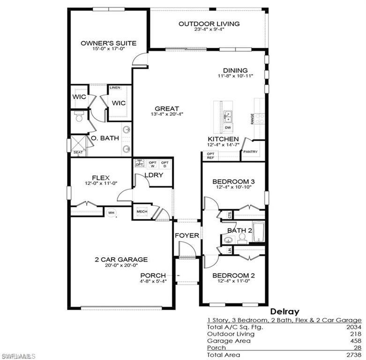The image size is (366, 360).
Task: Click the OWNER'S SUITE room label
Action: pyautogui.click(x=108, y=43)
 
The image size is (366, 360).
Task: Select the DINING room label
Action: pyautogui.click(x=235, y=71)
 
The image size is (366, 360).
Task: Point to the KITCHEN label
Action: pyautogui.click(x=224, y=139)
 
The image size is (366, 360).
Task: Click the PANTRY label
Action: pyautogui.click(x=251, y=151)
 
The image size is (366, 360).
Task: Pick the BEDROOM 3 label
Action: pyautogui.click(x=233, y=181)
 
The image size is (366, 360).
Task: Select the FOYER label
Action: pyautogui.click(x=187, y=235)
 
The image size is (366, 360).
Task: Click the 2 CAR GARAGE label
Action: pyautogui.click(x=121, y=259)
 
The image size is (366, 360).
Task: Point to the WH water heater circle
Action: pyautogui.click(x=112, y=213)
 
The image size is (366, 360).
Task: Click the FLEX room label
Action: pyautogui.click(x=101, y=178)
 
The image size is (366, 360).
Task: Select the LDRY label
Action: pyautogui.click(x=153, y=175)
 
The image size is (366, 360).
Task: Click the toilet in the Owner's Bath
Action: pyautogui.click(x=78, y=117)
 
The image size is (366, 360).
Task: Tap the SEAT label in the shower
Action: pyautogui.click(x=77, y=152)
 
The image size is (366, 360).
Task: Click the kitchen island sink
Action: pyautogui.click(x=228, y=115)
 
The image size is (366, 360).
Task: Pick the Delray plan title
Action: pyautogui.click(x=284, y=311)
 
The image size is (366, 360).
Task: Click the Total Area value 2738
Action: pyautogui.click(x=352, y=355)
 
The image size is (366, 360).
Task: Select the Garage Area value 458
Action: pyautogui.click(x=354, y=341)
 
